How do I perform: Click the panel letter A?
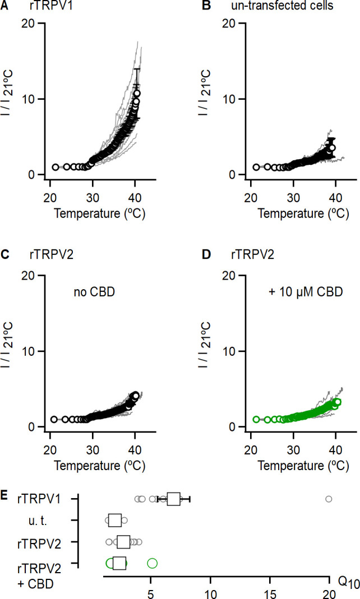(x=5, y=7)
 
